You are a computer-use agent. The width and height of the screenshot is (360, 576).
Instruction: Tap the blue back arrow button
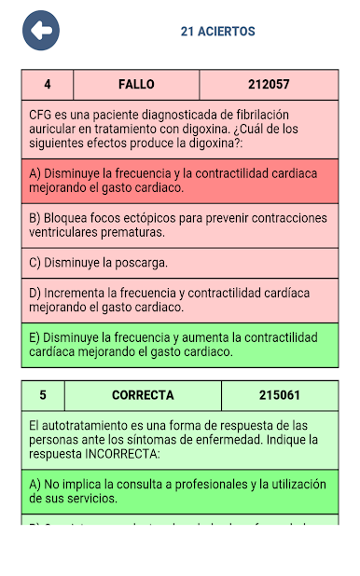41,31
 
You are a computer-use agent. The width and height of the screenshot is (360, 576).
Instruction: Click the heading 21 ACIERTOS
217,32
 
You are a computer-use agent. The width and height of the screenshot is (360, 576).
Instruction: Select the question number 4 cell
48,85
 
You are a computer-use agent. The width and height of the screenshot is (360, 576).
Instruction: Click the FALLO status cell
136,85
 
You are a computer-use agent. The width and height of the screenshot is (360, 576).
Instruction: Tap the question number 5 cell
43,395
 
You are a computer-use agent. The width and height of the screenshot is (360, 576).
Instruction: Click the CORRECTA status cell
143,395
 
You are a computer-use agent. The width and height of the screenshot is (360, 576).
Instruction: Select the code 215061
280,395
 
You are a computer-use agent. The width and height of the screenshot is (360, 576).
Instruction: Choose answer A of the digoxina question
180,180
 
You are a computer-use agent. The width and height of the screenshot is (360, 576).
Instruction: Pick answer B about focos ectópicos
180,225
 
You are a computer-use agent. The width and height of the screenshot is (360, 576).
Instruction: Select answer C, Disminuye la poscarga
180,263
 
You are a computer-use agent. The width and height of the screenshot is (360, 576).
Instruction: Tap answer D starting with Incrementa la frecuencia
180,299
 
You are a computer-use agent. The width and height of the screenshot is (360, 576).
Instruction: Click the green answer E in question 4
180,344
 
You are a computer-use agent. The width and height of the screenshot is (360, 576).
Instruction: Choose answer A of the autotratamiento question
180,491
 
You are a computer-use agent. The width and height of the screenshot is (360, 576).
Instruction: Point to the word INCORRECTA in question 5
121,454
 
